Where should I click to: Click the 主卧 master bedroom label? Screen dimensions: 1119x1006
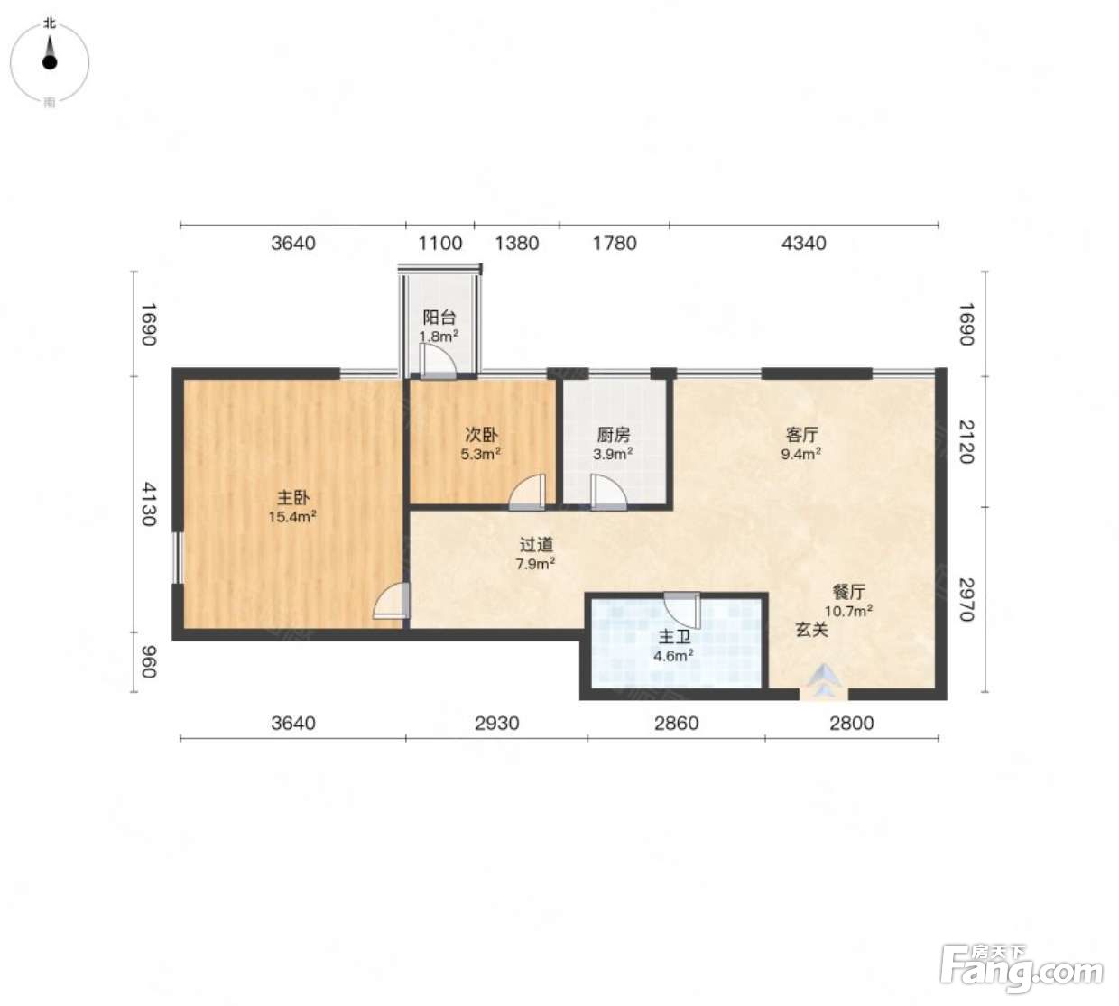click(293, 496)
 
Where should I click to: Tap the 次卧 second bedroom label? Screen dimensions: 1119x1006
click(481, 434)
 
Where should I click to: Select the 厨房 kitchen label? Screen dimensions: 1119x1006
click(613, 434)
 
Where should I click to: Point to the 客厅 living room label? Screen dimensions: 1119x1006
click(801, 434)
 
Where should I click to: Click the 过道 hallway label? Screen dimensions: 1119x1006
click(535, 544)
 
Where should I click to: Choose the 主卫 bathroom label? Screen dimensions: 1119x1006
click(674, 636)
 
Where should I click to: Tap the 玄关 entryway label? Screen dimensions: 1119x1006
click(811, 630)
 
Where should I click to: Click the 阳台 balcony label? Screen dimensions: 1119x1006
click(439, 317)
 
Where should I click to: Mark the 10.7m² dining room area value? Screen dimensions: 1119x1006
click(848, 611)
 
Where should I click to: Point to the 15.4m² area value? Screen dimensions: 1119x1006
click(293, 517)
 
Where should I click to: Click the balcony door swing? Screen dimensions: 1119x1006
click(438, 361)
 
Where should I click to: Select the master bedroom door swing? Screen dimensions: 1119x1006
click(391, 601)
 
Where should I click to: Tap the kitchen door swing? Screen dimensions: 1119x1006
click(608, 492)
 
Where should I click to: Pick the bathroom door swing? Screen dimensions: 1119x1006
click(681, 611)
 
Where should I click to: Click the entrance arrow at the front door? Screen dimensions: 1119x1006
click(824, 680)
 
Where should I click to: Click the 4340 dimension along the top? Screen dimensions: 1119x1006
click(803, 244)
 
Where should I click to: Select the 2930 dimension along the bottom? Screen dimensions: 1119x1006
click(496, 723)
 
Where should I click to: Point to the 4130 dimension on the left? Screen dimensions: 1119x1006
click(148, 503)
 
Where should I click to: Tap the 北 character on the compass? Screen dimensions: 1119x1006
click(50, 23)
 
